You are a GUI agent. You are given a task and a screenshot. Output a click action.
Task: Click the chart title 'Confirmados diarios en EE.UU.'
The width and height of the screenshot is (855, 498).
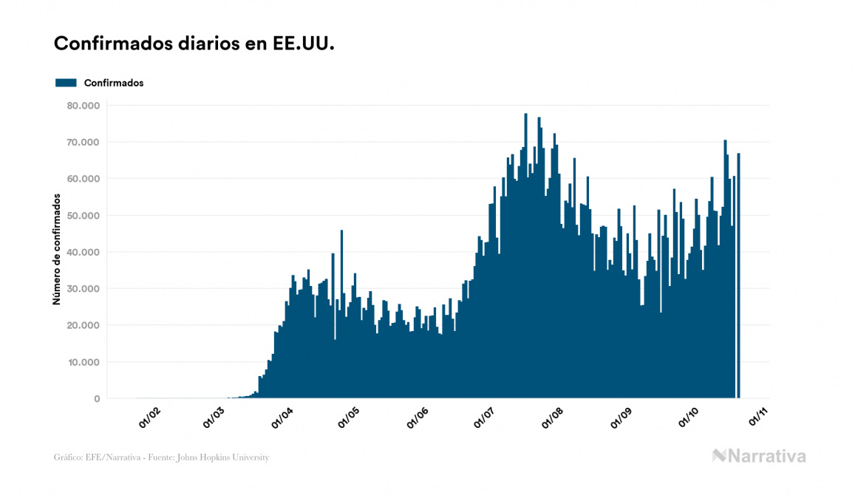[194, 44]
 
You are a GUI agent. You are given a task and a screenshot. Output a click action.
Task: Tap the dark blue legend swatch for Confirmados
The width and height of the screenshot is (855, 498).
[66, 83]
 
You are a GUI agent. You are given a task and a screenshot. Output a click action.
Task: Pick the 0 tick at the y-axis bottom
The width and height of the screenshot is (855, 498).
[97, 399]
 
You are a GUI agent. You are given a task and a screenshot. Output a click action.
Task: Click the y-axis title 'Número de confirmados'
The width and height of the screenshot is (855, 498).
[57, 249]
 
